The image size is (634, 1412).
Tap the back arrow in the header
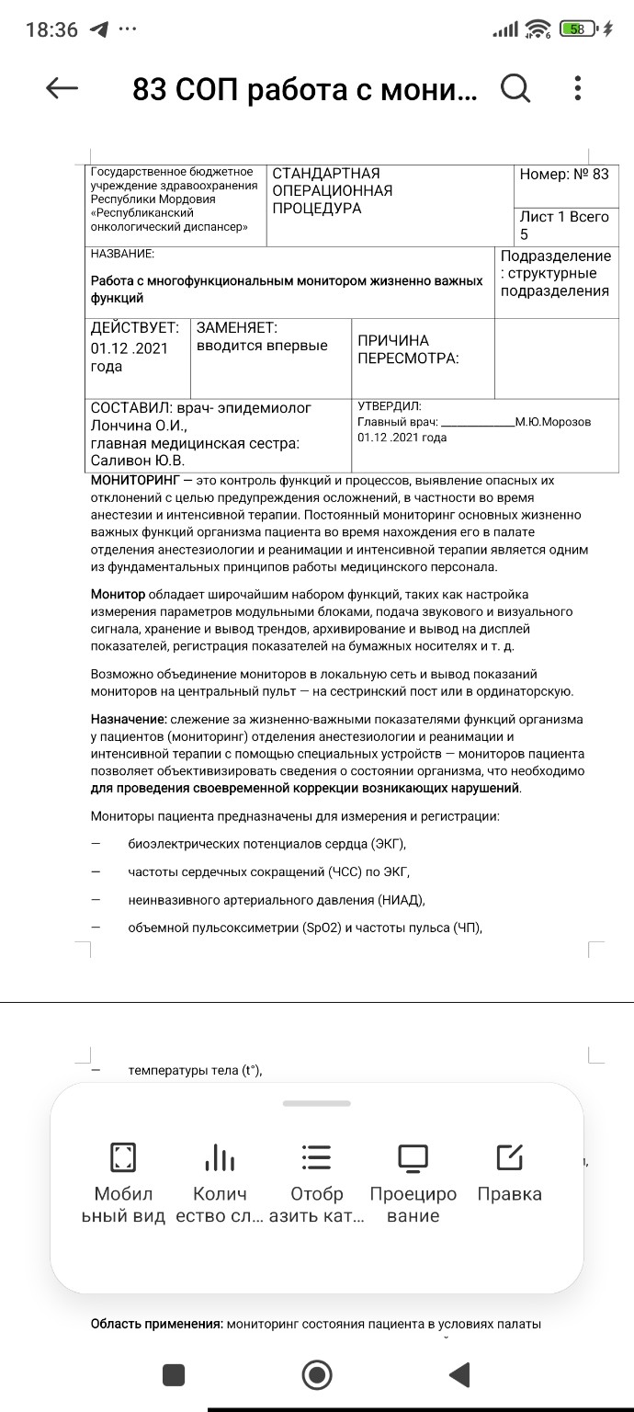(62, 88)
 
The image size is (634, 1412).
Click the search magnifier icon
(515, 88)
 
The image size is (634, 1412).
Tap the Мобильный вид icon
(122, 1157)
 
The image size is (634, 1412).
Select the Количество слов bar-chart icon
(220, 1157)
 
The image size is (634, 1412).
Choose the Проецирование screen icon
(413, 1157)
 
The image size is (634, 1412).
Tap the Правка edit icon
(509, 1157)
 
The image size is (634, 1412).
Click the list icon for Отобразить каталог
(316, 1157)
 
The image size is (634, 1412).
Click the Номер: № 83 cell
(563, 174)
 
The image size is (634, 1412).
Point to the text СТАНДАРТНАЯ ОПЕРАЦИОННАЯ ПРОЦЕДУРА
(333, 191)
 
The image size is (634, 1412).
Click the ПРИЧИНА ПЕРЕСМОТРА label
(407, 349)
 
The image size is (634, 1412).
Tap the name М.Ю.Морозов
(553, 422)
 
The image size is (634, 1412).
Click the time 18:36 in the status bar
(51, 29)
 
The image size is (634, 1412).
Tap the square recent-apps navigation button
(173, 1374)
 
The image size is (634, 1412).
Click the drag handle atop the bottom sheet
(316, 1103)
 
